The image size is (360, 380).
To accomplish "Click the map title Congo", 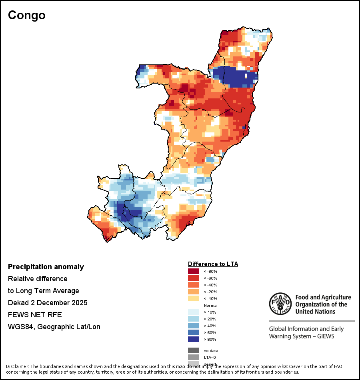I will (26, 15).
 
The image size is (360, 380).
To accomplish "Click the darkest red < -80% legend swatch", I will (194, 271).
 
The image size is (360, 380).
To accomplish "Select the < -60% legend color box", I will (194, 278).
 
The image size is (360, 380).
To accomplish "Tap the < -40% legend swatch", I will (194, 285).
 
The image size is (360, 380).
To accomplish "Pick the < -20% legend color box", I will (194, 292).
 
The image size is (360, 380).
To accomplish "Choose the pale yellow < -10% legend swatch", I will (194, 298).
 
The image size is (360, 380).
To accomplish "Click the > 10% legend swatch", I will (194, 312).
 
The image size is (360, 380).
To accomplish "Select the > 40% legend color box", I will (194, 326).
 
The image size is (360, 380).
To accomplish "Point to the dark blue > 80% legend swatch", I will (194, 339).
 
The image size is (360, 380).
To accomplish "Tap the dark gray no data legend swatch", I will (194, 350).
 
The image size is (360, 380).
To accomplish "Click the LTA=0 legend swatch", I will (194, 357).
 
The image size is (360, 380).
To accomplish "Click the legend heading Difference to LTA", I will (213, 264).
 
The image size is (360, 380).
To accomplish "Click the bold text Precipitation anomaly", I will (46, 267).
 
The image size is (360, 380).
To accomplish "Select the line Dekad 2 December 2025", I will (48, 303).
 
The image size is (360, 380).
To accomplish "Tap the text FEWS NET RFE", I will (35, 315).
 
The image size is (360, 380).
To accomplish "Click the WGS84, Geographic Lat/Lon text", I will (54, 327).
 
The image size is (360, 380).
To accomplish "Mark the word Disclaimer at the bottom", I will (17, 366).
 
